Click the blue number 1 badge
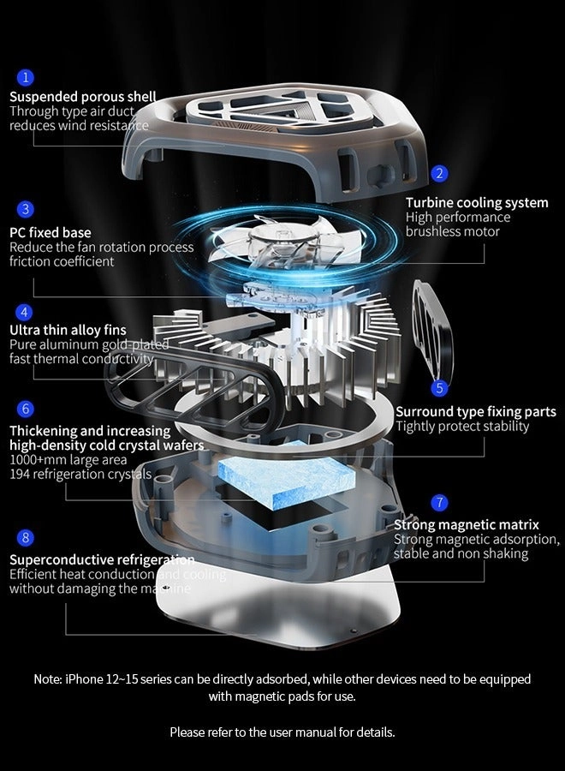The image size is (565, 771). pyautogui.click(x=26, y=77)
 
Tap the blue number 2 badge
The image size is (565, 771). pyautogui.click(x=439, y=173)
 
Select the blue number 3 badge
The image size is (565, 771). pyautogui.click(x=26, y=208)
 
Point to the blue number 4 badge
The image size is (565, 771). pyautogui.click(x=26, y=312)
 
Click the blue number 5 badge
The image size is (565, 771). pyautogui.click(x=439, y=388)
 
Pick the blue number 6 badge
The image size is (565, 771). pyautogui.click(x=26, y=409)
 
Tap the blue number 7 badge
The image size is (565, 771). pyautogui.click(x=439, y=502)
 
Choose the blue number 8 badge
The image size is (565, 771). pyautogui.click(x=26, y=537)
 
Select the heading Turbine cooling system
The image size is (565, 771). pyautogui.click(x=477, y=203)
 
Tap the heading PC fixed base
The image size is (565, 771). pyautogui.click(x=50, y=232)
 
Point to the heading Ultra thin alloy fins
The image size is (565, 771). pyautogui.click(x=68, y=330)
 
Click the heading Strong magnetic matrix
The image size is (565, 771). pyautogui.click(x=467, y=524)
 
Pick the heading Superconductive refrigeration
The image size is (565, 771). pyautogui.click(x=102, y=559)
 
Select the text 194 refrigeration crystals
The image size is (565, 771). pyautogui.click(x=80, y=474)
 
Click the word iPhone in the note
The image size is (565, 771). pyautogui.click(x=83, y=678)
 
